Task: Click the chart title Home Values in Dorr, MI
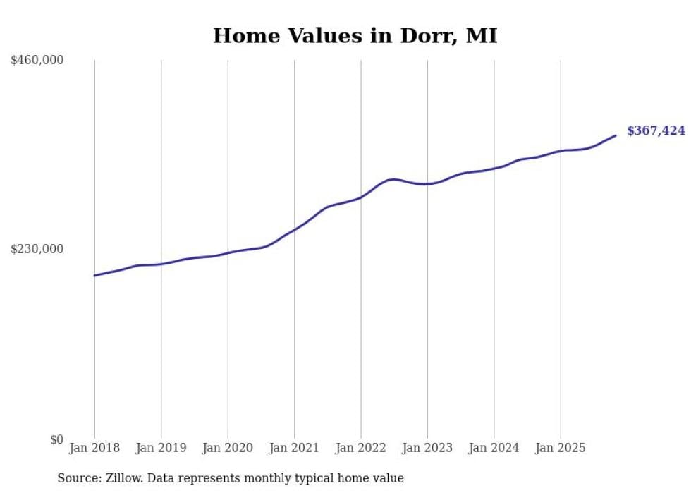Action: tap(355, 35)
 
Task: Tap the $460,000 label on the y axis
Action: tap(37, 61)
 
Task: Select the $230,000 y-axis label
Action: tap(37, 249)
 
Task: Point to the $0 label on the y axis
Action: tap(56, 439)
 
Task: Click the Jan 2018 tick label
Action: tap(94, 448)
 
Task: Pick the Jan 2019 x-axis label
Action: tap(161, 448)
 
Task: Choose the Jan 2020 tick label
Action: tap(228, 448)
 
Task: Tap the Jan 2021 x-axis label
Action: tap(294, 448)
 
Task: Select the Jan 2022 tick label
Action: tap(361, 448)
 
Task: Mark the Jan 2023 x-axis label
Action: tap(427, 448)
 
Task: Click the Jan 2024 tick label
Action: tap(494, 448)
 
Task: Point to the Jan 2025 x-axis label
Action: tap(561, 448)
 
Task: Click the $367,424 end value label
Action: tap(656, 130)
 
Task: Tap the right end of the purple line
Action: tap(616, 135)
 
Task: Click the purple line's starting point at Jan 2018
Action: tap(94, 275)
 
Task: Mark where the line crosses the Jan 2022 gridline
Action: tap(361, 197)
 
